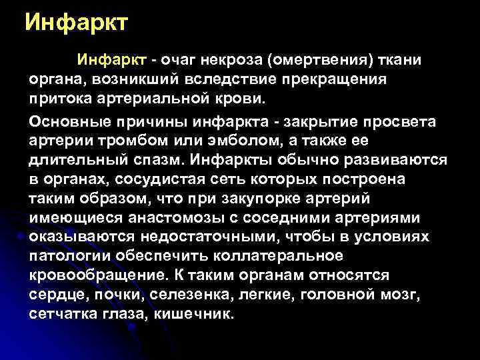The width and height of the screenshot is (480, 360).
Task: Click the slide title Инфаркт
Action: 75,23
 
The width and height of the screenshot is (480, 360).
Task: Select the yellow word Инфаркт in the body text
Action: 111,61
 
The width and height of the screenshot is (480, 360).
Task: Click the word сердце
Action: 55,295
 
